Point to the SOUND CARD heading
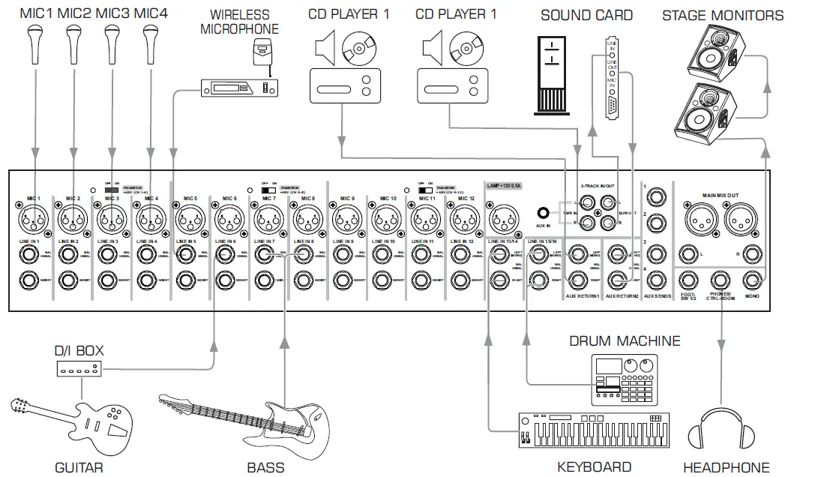(586, 15)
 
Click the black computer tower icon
(552, 75)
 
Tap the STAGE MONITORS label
(722, 15)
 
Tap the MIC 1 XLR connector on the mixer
(30, 219)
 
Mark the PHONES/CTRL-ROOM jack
(720, 281)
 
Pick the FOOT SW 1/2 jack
(687, 281)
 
